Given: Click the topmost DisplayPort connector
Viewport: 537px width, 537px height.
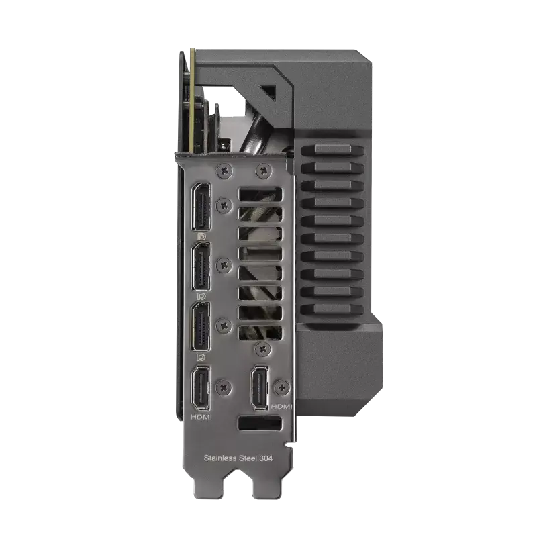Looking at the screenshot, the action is (202, 207).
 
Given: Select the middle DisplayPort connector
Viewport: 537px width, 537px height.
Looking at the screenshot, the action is (202, 266).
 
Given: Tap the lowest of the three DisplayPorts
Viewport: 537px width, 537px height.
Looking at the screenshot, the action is (202, 326).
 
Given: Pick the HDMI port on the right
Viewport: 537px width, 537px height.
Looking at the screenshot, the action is (260, 388).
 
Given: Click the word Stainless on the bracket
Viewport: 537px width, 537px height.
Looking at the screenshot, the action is (220, 458).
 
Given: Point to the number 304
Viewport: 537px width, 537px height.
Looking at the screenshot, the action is (266, 458).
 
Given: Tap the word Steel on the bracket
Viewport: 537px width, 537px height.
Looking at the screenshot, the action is (248, 458).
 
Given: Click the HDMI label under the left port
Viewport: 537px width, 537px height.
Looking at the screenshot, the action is (201, 417).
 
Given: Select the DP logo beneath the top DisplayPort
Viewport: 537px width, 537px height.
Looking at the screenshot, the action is (202, 236).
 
